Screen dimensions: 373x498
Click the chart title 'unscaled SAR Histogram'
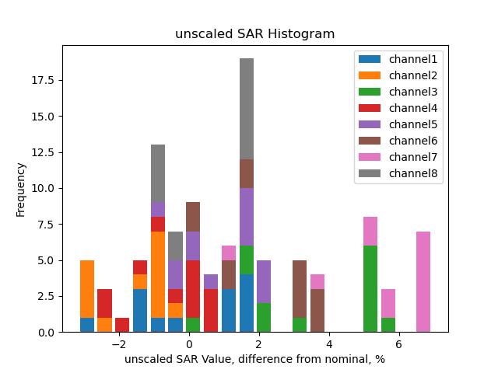[x=254, y=34]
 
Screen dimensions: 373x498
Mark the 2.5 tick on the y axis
[x=47, y=296]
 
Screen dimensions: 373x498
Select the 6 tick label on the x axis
[x=398, y=344]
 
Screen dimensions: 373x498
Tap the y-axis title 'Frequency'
[x=21, y=189]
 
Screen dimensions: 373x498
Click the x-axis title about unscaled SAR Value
[x=254, y=359]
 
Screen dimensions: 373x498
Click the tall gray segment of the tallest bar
[x=247, y=109]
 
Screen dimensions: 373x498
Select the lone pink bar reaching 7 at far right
[x=423, y=281]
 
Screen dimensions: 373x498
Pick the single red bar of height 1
[x=122, y=325]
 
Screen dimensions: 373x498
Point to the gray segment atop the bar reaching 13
[x=158, y=173]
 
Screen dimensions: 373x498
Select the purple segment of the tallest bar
[x=247, y=217]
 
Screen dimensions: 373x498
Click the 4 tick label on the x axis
[x=328, y=344]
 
